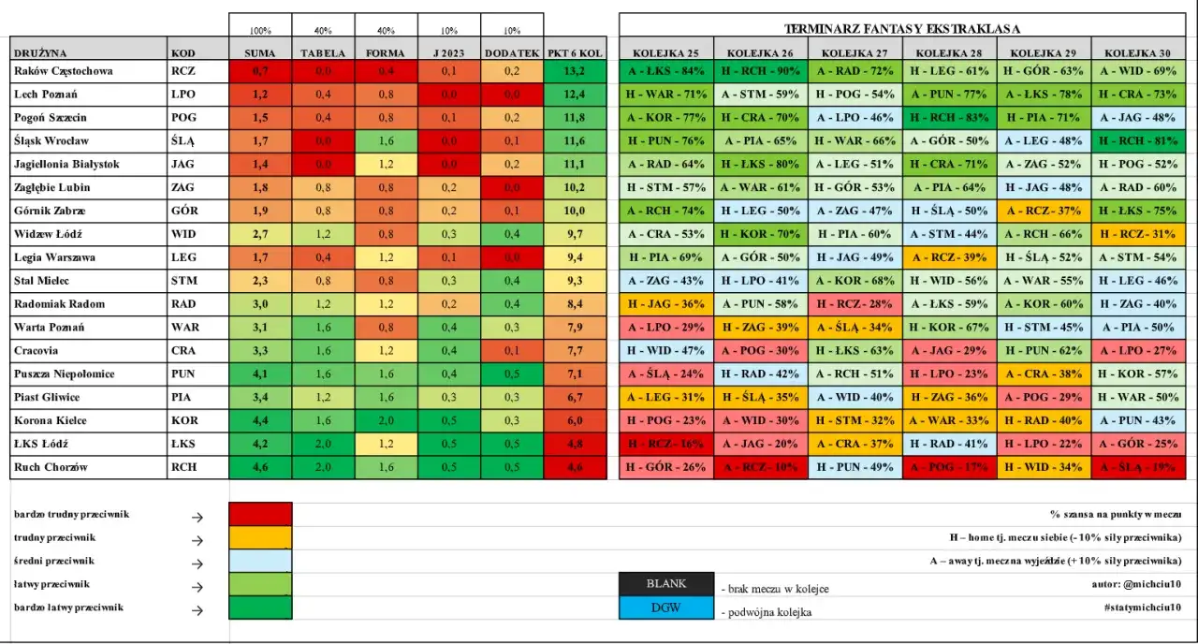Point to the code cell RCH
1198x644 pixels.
point(183,467)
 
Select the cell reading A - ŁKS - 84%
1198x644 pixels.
point(665,71)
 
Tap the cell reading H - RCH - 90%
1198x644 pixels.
point(760,71)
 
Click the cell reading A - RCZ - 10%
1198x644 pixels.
point(760,467)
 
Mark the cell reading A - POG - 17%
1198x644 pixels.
point(949,467)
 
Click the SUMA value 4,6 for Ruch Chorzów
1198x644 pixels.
point(260,467)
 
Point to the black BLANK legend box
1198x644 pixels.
point(665,584)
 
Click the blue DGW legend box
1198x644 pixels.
point(665,607)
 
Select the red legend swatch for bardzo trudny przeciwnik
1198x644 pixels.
point(260,515)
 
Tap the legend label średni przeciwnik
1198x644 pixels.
point(52,561)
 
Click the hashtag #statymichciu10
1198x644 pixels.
point(1148,607)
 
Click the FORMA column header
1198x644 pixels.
point(387,53)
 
